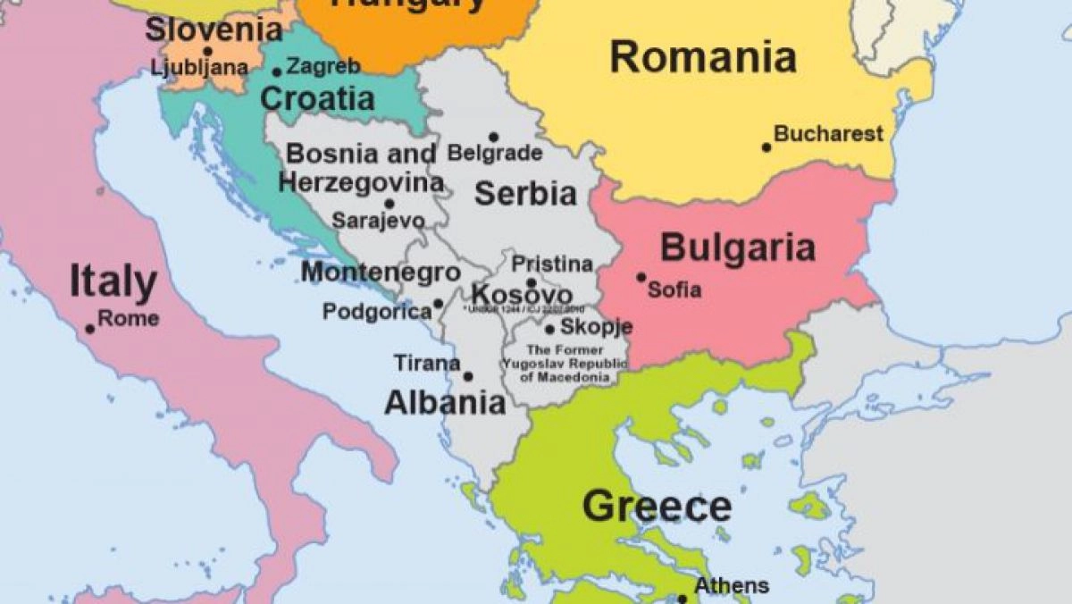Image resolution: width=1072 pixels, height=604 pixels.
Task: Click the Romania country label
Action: tap(703, 57)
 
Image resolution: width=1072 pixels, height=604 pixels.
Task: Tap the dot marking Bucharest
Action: tap(766, 147)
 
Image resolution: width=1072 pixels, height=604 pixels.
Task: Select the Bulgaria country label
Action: tap(737, 247)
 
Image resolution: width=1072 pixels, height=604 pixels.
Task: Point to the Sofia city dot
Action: tap(641, 277)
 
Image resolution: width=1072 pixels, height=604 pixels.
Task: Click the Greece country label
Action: tap(657, 507)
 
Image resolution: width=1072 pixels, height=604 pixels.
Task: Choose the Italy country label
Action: tap(113, 281)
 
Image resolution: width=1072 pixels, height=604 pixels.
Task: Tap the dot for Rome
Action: tap(90, 329)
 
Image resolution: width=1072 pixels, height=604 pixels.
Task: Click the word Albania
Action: tap(445, 403)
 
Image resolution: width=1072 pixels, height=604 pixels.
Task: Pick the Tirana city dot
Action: tap(468, 376)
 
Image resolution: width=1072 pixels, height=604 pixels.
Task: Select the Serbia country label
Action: tap(524, 193)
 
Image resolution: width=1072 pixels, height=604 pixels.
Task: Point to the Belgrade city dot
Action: tap(493, 138)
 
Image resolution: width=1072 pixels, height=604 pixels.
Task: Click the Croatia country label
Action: tap(317, 97)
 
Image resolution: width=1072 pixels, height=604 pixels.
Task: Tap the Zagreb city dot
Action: tap(277, 72)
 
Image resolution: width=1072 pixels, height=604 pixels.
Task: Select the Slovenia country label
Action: tap(214, 29)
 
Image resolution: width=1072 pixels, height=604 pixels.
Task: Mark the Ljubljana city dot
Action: tap(208, 52)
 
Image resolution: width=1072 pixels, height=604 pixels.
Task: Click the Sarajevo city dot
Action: tap(389, 204)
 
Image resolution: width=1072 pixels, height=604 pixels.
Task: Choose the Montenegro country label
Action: tap(381, 273)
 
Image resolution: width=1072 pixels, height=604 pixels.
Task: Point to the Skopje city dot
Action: tap(549, 329)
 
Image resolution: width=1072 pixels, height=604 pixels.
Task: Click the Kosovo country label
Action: tap(522, 295)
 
